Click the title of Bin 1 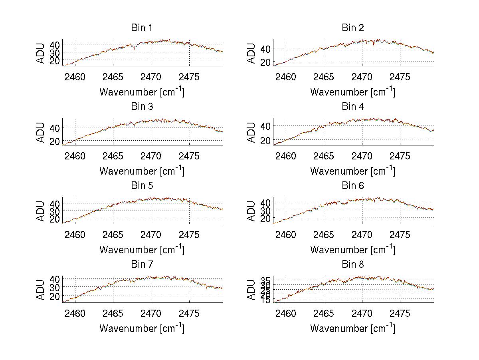coord(142,28)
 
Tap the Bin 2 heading coord(353,28)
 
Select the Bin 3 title coord(142,107)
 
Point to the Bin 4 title coord(353,107)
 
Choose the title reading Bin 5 coord(142,186)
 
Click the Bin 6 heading coord(353,186)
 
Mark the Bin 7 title coord(142,265)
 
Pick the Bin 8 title coord(353,265)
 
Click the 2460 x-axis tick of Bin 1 coord(75,77)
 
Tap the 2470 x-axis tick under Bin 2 coord(362,77)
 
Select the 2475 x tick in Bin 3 coord(189,156)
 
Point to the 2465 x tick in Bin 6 coord(324,235)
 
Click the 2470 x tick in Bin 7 coord(151,313)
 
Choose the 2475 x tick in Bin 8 coord(400,313)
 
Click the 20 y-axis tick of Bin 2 coord(266,62)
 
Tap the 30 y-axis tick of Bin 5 coord(55,211)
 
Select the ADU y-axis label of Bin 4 coord(251,132)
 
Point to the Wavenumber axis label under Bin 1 coord(142,91)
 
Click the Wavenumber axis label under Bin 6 coord(353,249)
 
